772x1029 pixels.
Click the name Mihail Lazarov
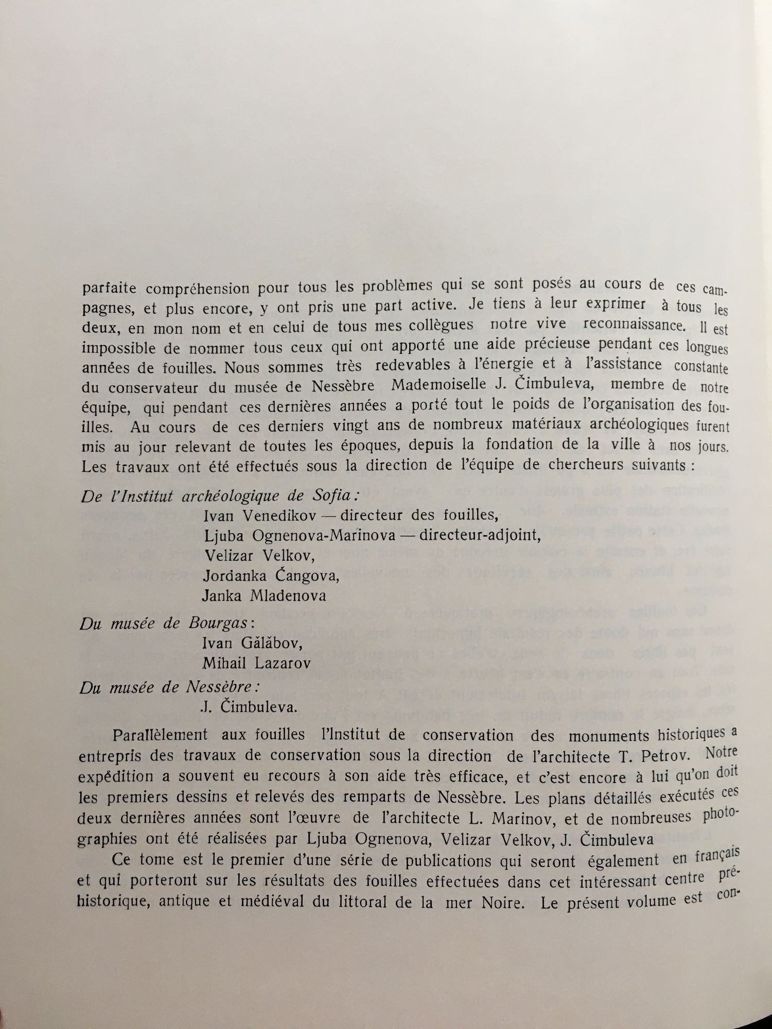[x=256, y=663]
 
